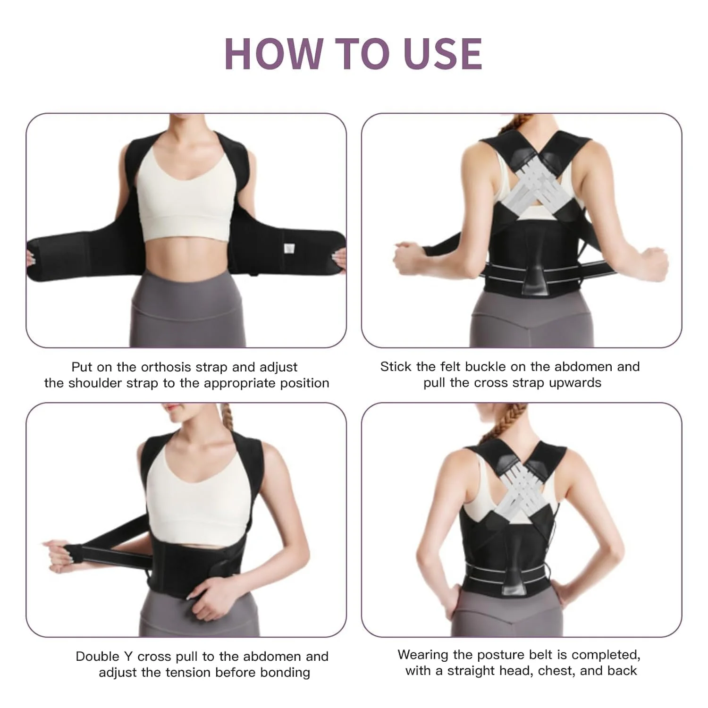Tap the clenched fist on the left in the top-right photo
[409, 259]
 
